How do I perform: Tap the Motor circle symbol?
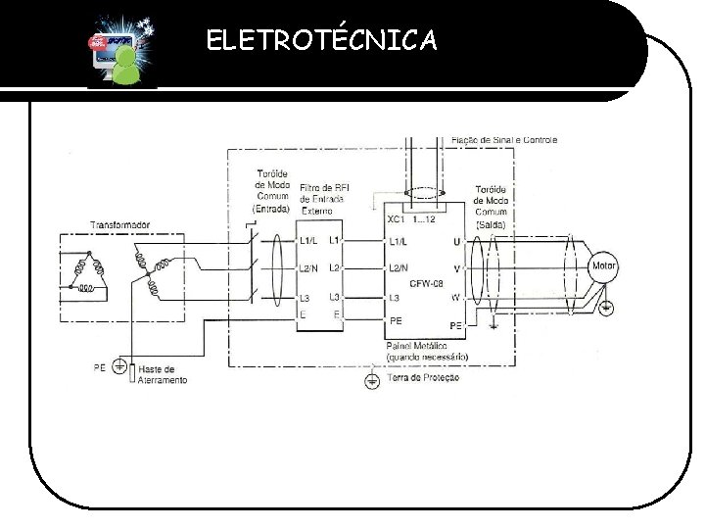pyautogui.click(x=601, y=266)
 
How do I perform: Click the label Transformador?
pyautogui.click(x=120, y=225)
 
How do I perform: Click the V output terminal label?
pyautogui.click(x=456, y=267)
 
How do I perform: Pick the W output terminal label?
pyautogui.click(x=456, y=297)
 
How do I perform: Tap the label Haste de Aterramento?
pyautogui.click(x=163, y=373)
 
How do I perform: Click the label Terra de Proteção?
pyautogui.click(x=423, y=376)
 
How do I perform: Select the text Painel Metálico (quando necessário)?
pyautogui.click(x=428, y=351)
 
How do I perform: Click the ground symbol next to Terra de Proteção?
pyautogui.click(x=370, y=379)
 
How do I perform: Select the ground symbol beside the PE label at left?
pyautogui.click(x=118, y=369)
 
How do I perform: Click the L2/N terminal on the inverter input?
pyautogui.click(x=399, y=267)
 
